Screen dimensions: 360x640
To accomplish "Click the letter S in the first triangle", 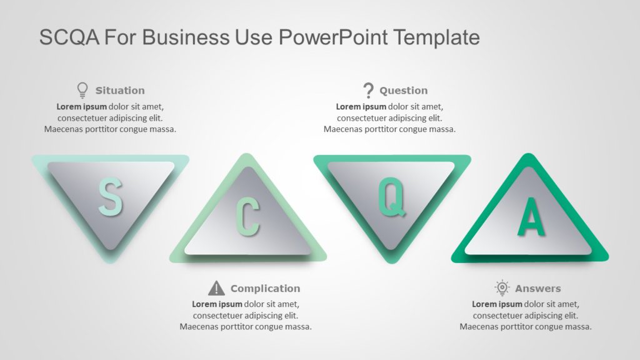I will pyautogui.click(x=110, y=197).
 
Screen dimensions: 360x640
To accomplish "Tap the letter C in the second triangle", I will pyautogui.click(x=247, y=217).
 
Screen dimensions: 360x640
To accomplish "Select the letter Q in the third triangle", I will pyautogui.click(x=392, y=197).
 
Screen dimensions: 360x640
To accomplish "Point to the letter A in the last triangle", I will pyautogui.click(x=531, y=217).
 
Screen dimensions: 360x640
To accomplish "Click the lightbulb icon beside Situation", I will pyautogui.click(x=82, y=91).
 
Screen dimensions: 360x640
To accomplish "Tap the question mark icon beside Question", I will pyautogui.click(x=369, y=91).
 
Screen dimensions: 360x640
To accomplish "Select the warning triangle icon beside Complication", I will pyautogui.click(x=216, y=288).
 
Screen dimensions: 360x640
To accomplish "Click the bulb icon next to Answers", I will pyautogui.click(x=502, y=288).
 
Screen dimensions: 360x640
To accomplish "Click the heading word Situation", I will pyautogui.click(x=120, y=91).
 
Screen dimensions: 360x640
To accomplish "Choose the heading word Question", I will pyautogui.click(x=404, y=91).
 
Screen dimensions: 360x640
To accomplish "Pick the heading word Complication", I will pyautogui.click(x=265, y=289).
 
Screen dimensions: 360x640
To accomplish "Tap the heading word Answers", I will pyautogui.click(x=537, y=289).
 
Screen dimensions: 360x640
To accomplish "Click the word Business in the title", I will pyautogui.click(x=176, y=37).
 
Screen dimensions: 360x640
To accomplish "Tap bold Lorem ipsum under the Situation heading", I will pyautogui.click(x=82, y=106).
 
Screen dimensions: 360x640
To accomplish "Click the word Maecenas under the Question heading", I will pyautogui.click(x=346, y=129).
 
